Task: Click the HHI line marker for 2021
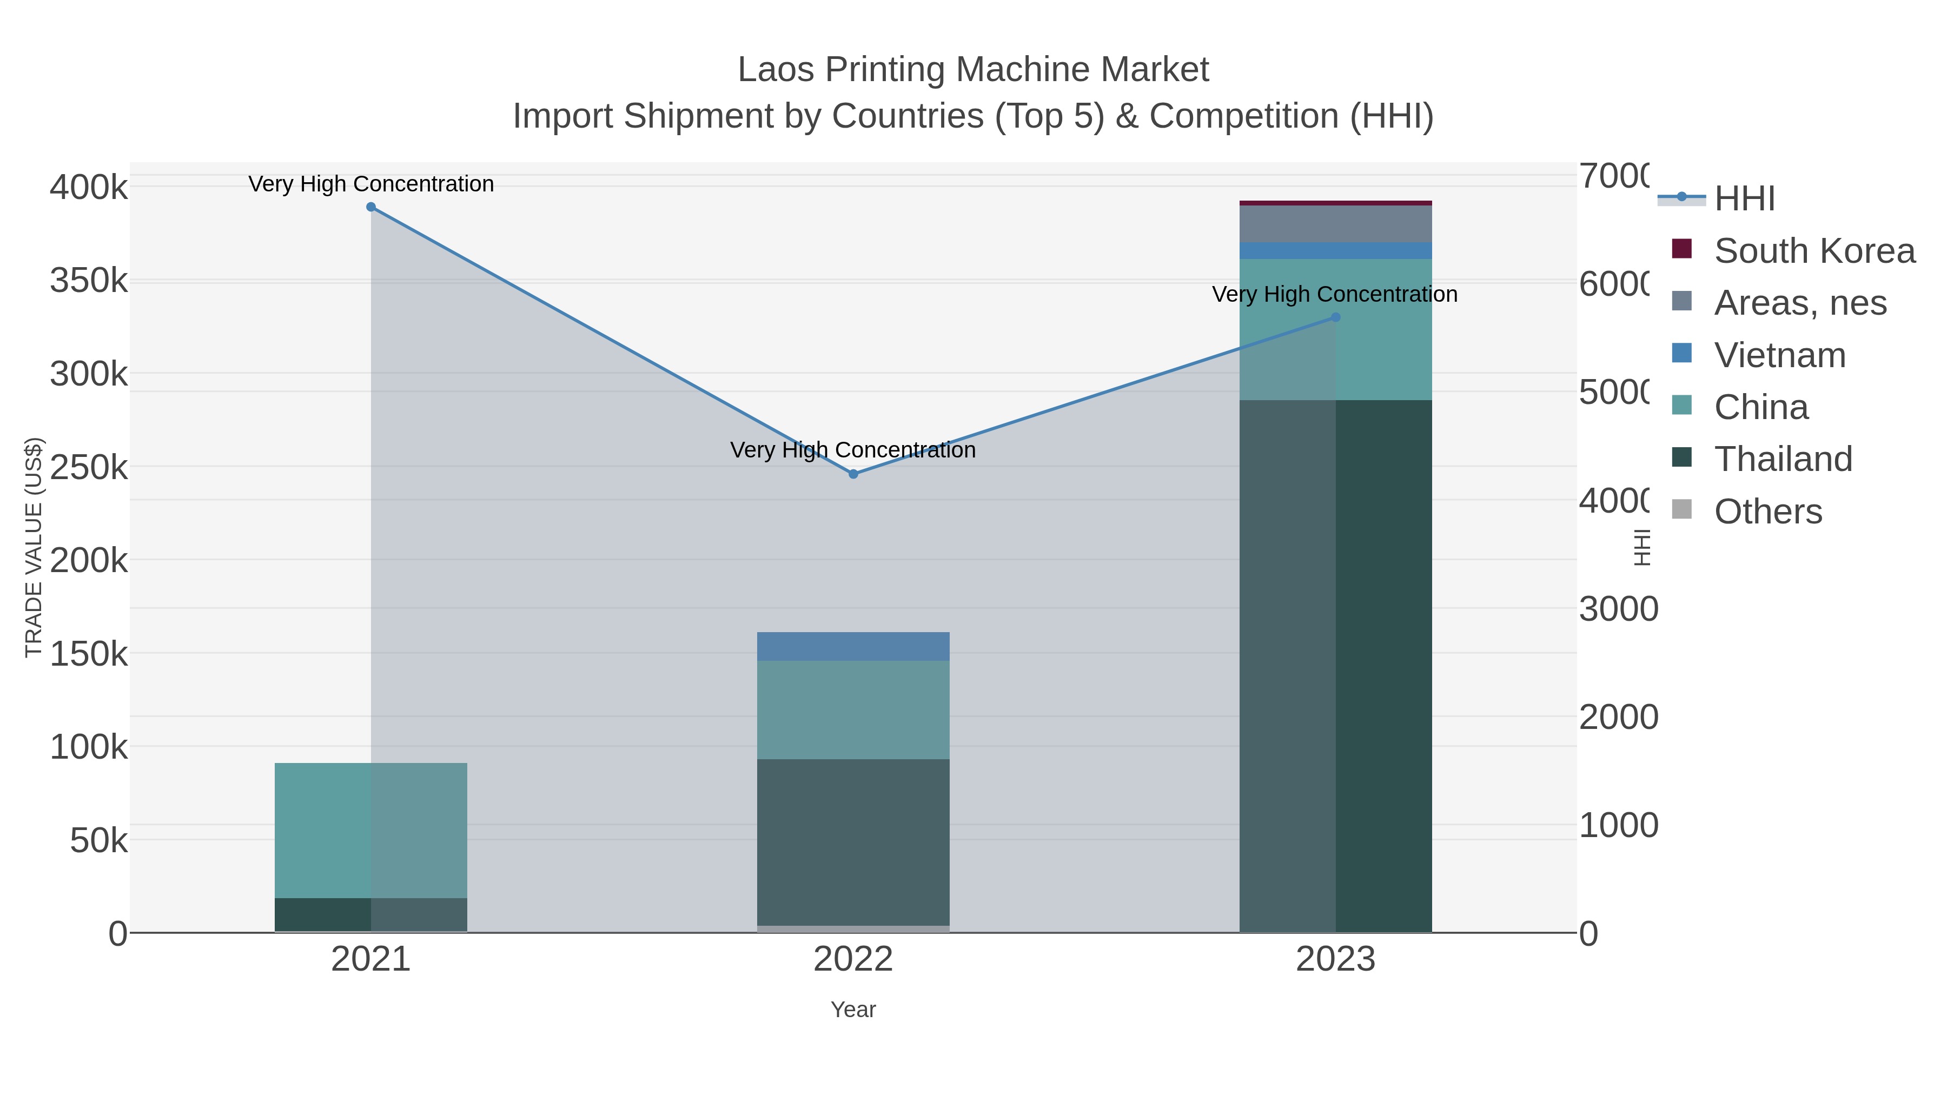(x=370, y=207)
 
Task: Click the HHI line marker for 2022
(x=853, y=474)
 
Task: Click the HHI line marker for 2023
(x=1335, y=317)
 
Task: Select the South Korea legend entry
(x=1814, y=251)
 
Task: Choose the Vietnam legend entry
(x=1779, y=355)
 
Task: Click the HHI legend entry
(x=1744, y=199)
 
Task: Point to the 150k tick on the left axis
(x=89, y=654)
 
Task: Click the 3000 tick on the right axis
(x=1618, y=609)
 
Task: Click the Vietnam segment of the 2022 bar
(x=853, y=647)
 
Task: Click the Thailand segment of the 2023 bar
(x=1335, y=665)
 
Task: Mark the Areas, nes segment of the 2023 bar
(x=1335, y=224)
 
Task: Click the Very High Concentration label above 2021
(x=370, y=184)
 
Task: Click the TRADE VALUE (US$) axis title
(x=34, y=547)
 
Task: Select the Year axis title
(x=853, y=1010)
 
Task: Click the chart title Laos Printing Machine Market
(x=973, y=70)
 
